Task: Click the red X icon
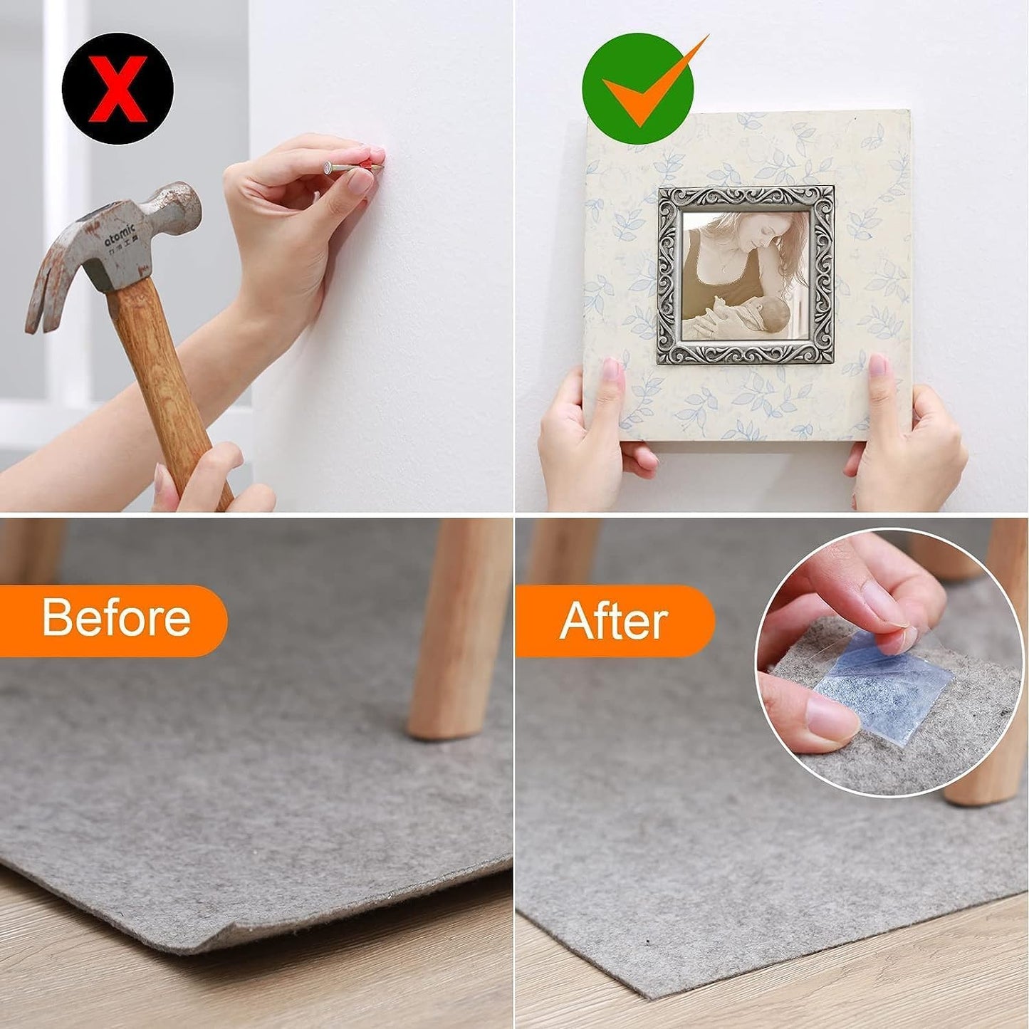[x=117, y=90]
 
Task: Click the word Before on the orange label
[x=116, y=617]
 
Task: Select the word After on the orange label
[x=613, y=620]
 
